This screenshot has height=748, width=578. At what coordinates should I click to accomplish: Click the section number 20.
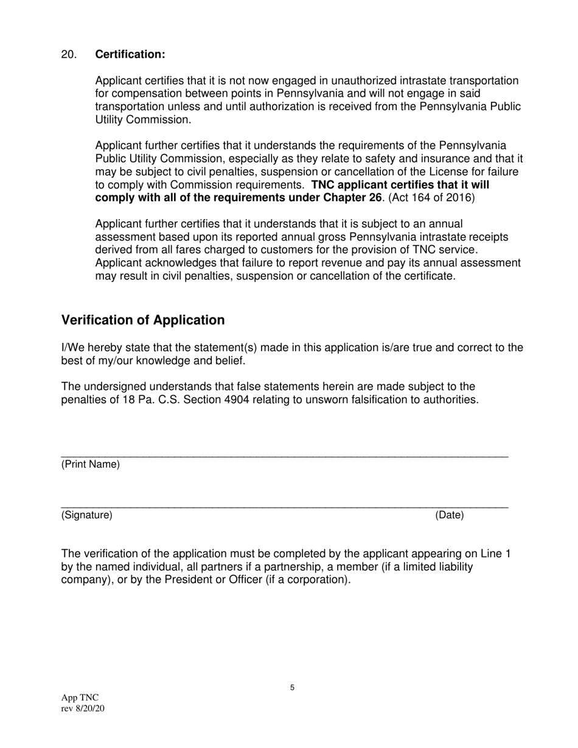pyautogui.click(x=69, y=55)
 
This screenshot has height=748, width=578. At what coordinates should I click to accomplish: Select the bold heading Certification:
pyautogui.click(x=130, y=55)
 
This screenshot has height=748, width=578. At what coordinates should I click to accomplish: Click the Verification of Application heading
pyautogui.click(x=143, y=320)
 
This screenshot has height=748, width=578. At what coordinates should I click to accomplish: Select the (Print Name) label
pyautogui.click(x=91, y=465)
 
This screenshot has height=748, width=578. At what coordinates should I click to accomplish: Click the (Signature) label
pyautogui.click(x=87, y=516)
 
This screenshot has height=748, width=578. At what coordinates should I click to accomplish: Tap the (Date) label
pyautogui.click(x=449, y=516)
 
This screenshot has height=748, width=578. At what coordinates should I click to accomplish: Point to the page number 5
pyautogui.click(x=292, y=688)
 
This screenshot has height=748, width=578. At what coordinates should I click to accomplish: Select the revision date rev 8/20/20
pyautogui.click(x=83, y=708)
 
